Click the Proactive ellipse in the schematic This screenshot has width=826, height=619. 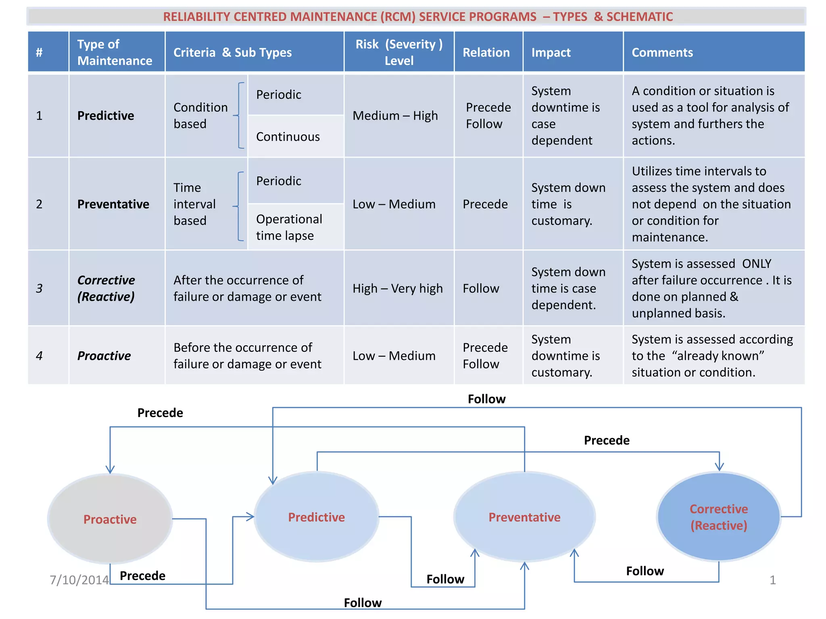pos(110,519)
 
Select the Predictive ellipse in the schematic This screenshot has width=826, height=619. pos(316,517)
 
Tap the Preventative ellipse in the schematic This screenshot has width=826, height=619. pos(524,517)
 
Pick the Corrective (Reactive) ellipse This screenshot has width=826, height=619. pos(718,517)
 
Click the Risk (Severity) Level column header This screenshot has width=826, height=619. pos(399,52)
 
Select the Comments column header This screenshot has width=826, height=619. pos(662,52)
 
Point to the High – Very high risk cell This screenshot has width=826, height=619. pos(397,289)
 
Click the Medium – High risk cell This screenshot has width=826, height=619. pos(395,116)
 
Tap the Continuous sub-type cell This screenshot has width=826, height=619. pos(288,137)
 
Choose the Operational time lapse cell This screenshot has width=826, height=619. pos(289,227)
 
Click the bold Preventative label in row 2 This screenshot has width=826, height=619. pos(113,204)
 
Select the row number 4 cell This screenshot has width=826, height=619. pos(39,356)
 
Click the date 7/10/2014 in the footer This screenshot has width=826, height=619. pos(79,580)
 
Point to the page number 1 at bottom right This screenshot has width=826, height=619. pos(772,580)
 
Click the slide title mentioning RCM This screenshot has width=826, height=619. pos(417,17)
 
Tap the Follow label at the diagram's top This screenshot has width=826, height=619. pos(486,399)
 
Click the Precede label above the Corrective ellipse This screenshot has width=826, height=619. pos(606,440)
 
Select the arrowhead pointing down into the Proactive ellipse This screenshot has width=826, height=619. pos(110,469)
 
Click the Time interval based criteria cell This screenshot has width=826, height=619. pos(194,204)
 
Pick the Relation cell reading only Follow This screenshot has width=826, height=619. pos(481,289)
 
